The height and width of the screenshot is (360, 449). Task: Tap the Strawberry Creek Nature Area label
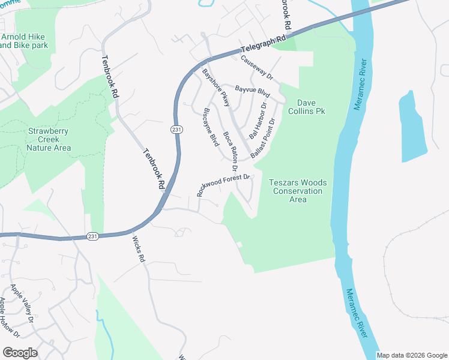[49, 139]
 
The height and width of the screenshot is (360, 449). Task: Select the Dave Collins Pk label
[310, 106]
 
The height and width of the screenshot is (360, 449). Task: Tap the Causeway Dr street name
[257, 68]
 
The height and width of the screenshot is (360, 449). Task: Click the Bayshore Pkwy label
[216, 88]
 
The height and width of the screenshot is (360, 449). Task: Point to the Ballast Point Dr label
[263, 139]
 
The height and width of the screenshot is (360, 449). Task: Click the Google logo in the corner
[20, 352]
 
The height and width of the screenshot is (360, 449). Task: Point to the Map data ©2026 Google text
[412, 355]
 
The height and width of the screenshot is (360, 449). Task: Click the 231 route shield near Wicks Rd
[91, 235]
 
